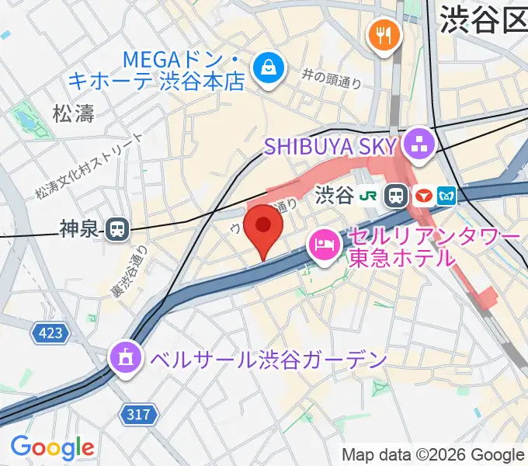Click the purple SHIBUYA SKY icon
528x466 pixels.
420,144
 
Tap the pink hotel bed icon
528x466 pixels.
321,245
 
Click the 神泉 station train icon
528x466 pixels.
117,228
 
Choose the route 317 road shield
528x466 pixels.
138,415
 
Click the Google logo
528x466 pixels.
52,447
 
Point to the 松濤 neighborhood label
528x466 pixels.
74,114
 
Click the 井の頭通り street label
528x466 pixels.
334,75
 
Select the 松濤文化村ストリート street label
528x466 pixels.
89,165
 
